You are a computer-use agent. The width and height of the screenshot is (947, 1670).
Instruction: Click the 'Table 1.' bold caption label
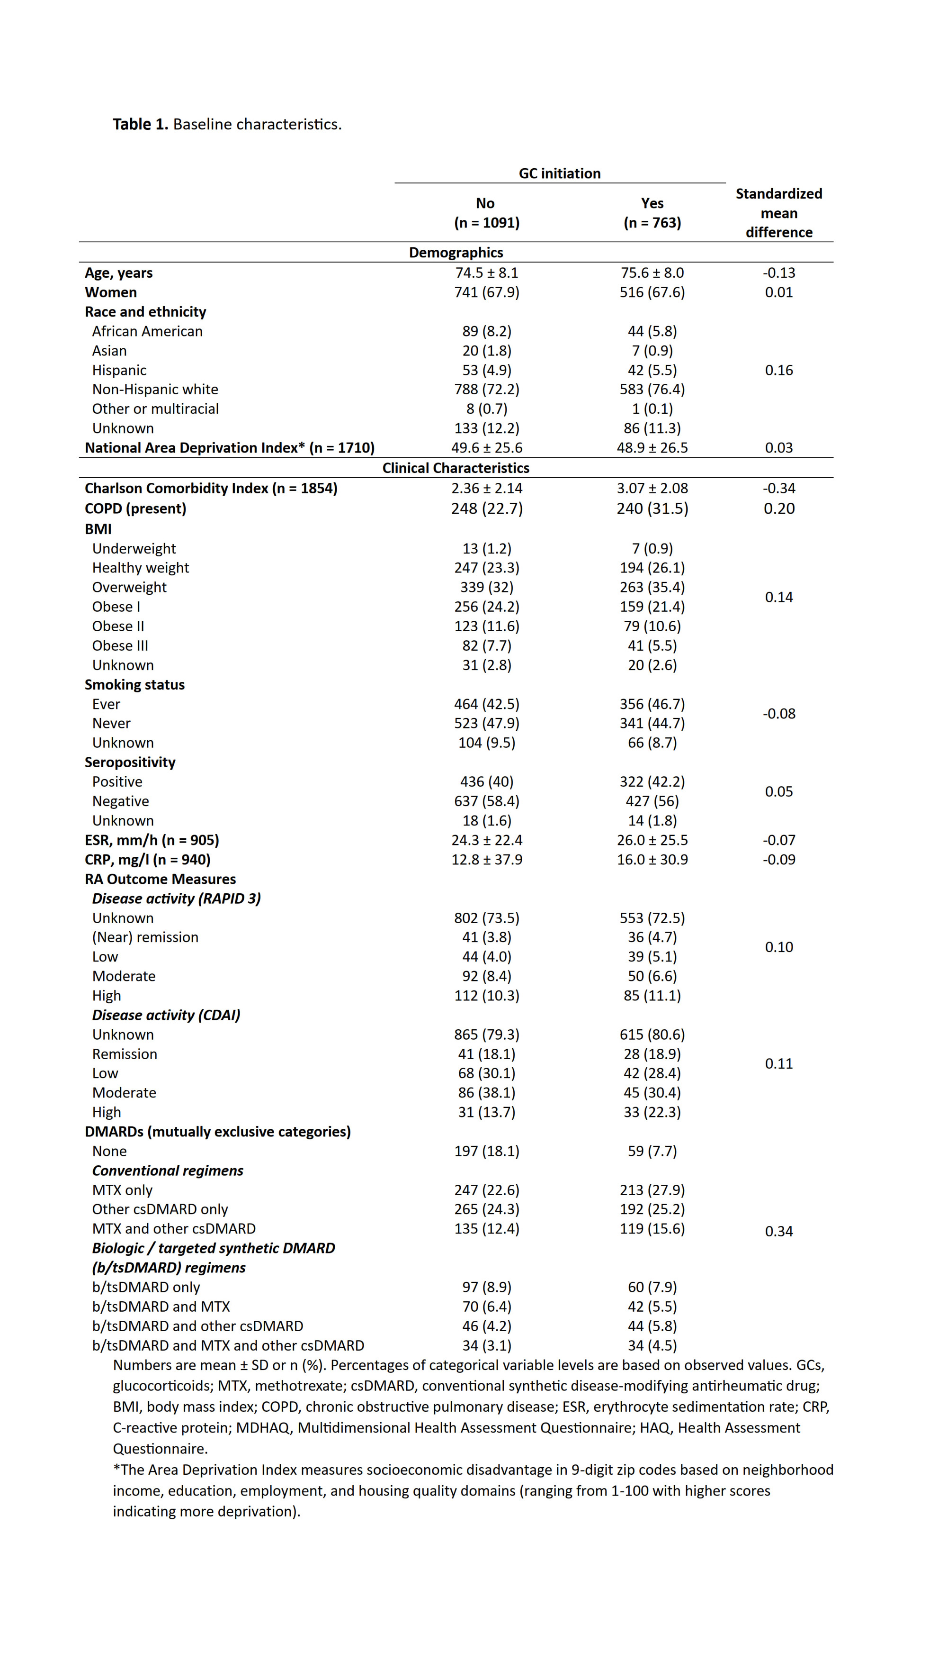coord(140,124)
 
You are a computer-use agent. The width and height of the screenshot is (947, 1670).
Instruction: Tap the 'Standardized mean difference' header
coord(778,213)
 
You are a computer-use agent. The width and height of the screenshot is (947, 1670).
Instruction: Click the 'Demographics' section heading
coord(456,253)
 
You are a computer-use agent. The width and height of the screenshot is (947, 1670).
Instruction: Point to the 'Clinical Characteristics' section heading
coord(456,468)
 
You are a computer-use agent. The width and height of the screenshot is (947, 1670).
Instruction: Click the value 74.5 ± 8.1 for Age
coord(486,272)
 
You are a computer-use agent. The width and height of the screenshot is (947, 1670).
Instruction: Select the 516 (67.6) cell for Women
coord(652,292)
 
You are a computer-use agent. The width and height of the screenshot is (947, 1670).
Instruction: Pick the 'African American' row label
coord(147,331)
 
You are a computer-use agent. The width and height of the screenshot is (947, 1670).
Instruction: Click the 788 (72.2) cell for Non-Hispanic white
coord(486,389)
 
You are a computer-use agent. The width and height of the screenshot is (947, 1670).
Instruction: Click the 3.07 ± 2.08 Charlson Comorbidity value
coord(652,488)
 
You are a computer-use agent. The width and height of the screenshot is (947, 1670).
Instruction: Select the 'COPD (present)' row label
coord(135,508)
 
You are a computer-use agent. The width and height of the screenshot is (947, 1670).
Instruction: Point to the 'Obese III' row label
coord(120,645)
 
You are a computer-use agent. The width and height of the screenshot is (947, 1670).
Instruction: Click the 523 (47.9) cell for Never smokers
coord(486,723)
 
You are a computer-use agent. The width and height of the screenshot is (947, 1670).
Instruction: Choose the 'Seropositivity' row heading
coord(130,762)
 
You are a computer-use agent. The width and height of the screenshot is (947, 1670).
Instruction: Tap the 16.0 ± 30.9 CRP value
coord(652,859)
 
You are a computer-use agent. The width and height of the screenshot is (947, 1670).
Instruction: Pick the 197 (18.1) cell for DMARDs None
coord(486,1151)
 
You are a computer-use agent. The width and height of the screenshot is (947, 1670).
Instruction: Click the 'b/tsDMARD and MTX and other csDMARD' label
coord(228,1345)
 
